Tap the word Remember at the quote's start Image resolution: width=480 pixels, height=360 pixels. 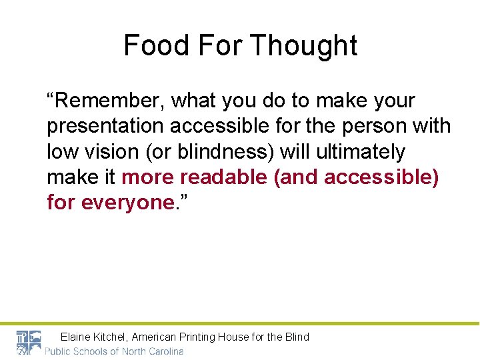click(107, 101)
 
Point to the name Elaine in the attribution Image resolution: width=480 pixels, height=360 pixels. click(77, 337)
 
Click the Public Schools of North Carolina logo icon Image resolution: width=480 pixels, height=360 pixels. click(29, 342)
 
